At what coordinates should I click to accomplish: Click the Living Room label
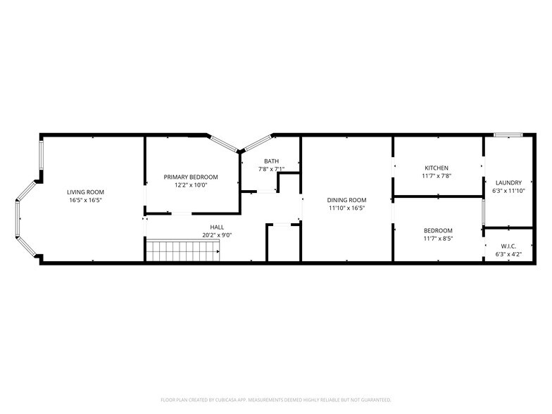86,192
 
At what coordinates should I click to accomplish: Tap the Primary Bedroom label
191,177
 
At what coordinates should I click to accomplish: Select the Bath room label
271,161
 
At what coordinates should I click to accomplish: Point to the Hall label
217,227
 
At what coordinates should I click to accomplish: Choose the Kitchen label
436,168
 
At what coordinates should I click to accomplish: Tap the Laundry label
508,183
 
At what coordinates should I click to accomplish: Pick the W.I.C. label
508,246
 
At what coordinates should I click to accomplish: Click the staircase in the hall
182,249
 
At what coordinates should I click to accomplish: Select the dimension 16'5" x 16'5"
86,201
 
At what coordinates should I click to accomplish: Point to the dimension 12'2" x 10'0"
191,185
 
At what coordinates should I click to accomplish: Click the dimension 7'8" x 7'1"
271,169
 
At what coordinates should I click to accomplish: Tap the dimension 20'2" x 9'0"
217,236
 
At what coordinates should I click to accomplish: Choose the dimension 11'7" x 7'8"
436,176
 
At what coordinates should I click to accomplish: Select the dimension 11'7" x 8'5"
438,239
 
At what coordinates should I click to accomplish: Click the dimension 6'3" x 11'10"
508,191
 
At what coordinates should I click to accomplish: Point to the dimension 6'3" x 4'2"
508,254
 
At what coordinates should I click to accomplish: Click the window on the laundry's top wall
507,134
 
